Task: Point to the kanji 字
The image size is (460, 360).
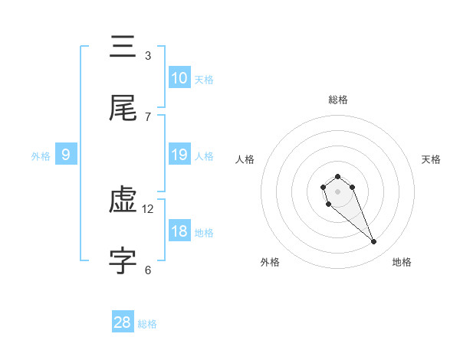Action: coord(123,261)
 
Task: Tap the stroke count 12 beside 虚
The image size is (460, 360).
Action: coord(149,208)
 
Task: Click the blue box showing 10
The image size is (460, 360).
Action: coord(179,78)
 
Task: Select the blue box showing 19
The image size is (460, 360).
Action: coord(179,155)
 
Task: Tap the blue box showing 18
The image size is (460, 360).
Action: coord(179,231)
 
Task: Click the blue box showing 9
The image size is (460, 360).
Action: coord(66,155)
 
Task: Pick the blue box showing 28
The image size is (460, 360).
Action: coord(123,322)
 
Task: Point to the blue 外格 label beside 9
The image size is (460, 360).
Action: coord(41,156)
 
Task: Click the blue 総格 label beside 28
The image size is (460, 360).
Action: coord(147,324)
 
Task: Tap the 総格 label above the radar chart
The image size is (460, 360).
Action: coord(337,100)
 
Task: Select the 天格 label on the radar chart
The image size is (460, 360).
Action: coord(431,159)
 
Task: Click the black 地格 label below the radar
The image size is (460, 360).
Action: coord(402,262)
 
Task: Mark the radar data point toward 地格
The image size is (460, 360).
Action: coord(374,242)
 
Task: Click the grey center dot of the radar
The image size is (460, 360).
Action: coord(337,191)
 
